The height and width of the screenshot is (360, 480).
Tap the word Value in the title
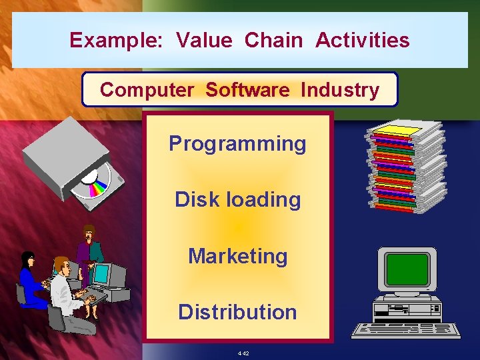coord(204,41)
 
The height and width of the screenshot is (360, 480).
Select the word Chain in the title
coord(273,41)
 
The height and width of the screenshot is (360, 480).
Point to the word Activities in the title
coord(362,41)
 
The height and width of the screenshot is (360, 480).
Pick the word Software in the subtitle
coord(247,90)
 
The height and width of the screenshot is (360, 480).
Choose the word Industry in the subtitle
coord(339,90)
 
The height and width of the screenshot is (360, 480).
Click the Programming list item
coord(237,144)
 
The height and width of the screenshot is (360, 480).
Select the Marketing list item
coord(237,256)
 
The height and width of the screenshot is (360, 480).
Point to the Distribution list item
coord(237,312)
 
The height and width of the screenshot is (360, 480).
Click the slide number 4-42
coord(242,353)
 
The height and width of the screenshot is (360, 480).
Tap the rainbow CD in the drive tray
coord(91,181)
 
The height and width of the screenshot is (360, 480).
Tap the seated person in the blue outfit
coord(31,280)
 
